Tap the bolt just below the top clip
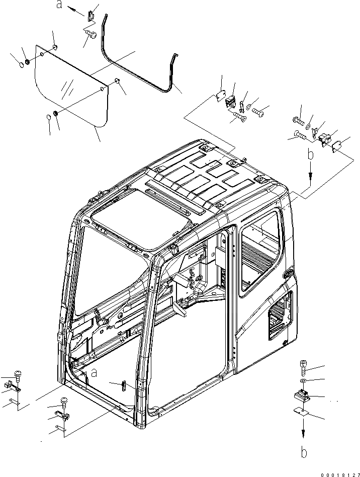[x=91, y=33]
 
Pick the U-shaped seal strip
[x=136, y=60]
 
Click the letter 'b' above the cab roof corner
[x=311, y=155]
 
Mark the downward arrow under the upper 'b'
[x=311, y=174]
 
